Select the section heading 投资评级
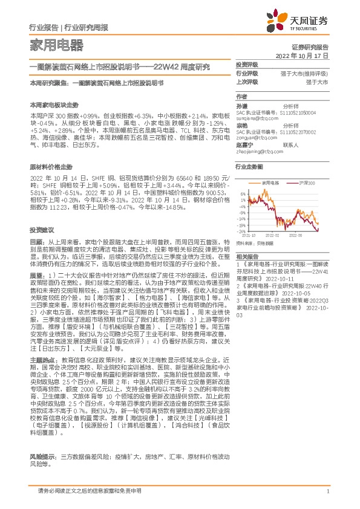(247, 64)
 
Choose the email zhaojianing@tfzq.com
(258, 152)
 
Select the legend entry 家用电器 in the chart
(270, 181)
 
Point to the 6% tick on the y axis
(243, 193)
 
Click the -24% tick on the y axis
(242, 232)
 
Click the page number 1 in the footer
(327, 490)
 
